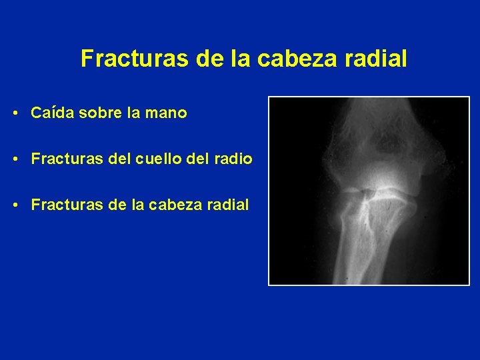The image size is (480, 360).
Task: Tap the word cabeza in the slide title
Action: pos(291,59)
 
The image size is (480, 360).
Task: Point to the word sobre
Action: pos(98,113)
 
